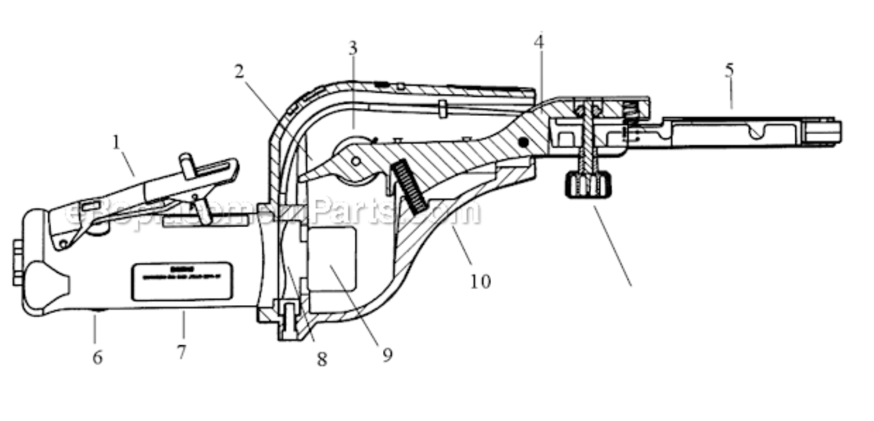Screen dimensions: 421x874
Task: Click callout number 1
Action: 116,143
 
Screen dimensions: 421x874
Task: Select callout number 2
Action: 239,71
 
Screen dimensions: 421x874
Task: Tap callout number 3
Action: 352,48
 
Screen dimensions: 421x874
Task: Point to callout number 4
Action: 539,42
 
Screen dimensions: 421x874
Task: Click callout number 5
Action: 729,71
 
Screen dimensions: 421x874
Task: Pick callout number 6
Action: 98,358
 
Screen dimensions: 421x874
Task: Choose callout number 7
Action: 181,352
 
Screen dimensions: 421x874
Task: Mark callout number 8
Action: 321,359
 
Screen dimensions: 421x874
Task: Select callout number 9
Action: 387,355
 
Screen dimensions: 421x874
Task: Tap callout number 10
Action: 480,281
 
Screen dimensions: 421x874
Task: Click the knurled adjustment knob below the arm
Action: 588,185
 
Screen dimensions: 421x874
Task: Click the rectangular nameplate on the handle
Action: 182,281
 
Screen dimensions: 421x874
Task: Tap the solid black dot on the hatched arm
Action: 524,143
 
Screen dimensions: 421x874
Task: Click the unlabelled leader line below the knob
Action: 613,247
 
